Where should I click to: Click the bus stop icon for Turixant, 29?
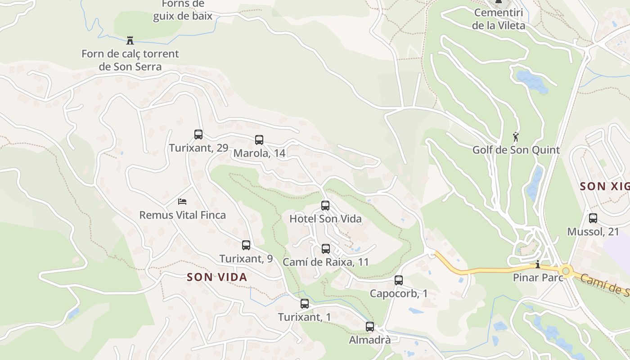pyautogui.click(x=198, y=134)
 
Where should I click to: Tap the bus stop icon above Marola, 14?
pyautogui.click(x=259, y=139)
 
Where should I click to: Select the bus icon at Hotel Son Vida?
pyautogui.click(x=325, y=206)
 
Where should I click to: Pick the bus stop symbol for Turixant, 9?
pyautogui.click(x=246, y=245)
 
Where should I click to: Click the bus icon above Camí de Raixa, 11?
pyautogui.click(x=326, y=248)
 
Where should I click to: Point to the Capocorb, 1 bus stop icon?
pyautogui.click(x=399, y=280)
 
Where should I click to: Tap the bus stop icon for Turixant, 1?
pyautogui.click(x=305, y=304)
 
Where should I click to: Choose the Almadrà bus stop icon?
pyautogui.click(x=370, y=327)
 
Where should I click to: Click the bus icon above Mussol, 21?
pyautogui.click(x=593, y=218)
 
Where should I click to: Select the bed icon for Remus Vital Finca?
pyautogui.click(x=182, y=201)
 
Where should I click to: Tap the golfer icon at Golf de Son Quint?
pyautogui.click(x=516, y=136)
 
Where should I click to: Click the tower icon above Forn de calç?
pyautogui.click(x=130, y=40)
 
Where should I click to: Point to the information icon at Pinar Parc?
pyautogui.click(x=537, y=264)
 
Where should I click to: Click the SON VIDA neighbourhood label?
pyautogui.click(x=217, y=277)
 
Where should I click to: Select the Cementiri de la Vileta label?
pyautogui.click(x=498, y=19)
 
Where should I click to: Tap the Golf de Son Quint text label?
pyautogui.click(x=516, y=150)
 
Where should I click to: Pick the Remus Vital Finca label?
pyautogui.click(x=182, y=215)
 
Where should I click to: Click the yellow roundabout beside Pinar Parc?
pyautogui.click(x=566, y=271)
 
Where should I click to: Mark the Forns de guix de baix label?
pyautogui.click(x=183, y=10)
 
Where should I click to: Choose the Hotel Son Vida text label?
pyautogui.click(x=325, y=219)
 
